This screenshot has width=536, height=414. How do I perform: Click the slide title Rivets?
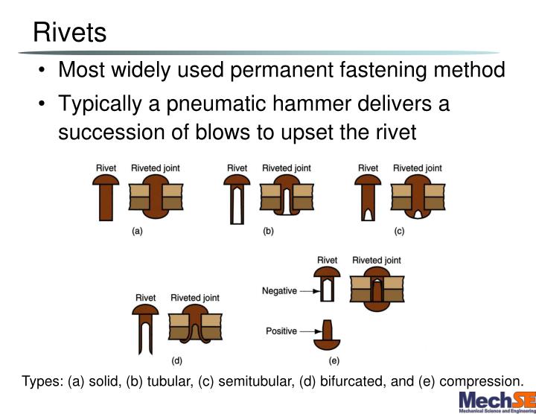pyautogui.click(x=69, y=33)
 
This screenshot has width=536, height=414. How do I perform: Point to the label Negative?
pyautogui.click(x=279, y=291)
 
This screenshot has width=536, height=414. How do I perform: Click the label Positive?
pyautogui.click(x=281, y=331)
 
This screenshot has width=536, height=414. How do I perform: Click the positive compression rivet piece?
pyautogui.click(x=328, y=335)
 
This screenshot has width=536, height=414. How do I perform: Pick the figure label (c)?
pyautogui.click(x=399, y=232)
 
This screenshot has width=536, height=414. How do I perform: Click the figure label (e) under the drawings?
pyautogui.click(x=334, y=361)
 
